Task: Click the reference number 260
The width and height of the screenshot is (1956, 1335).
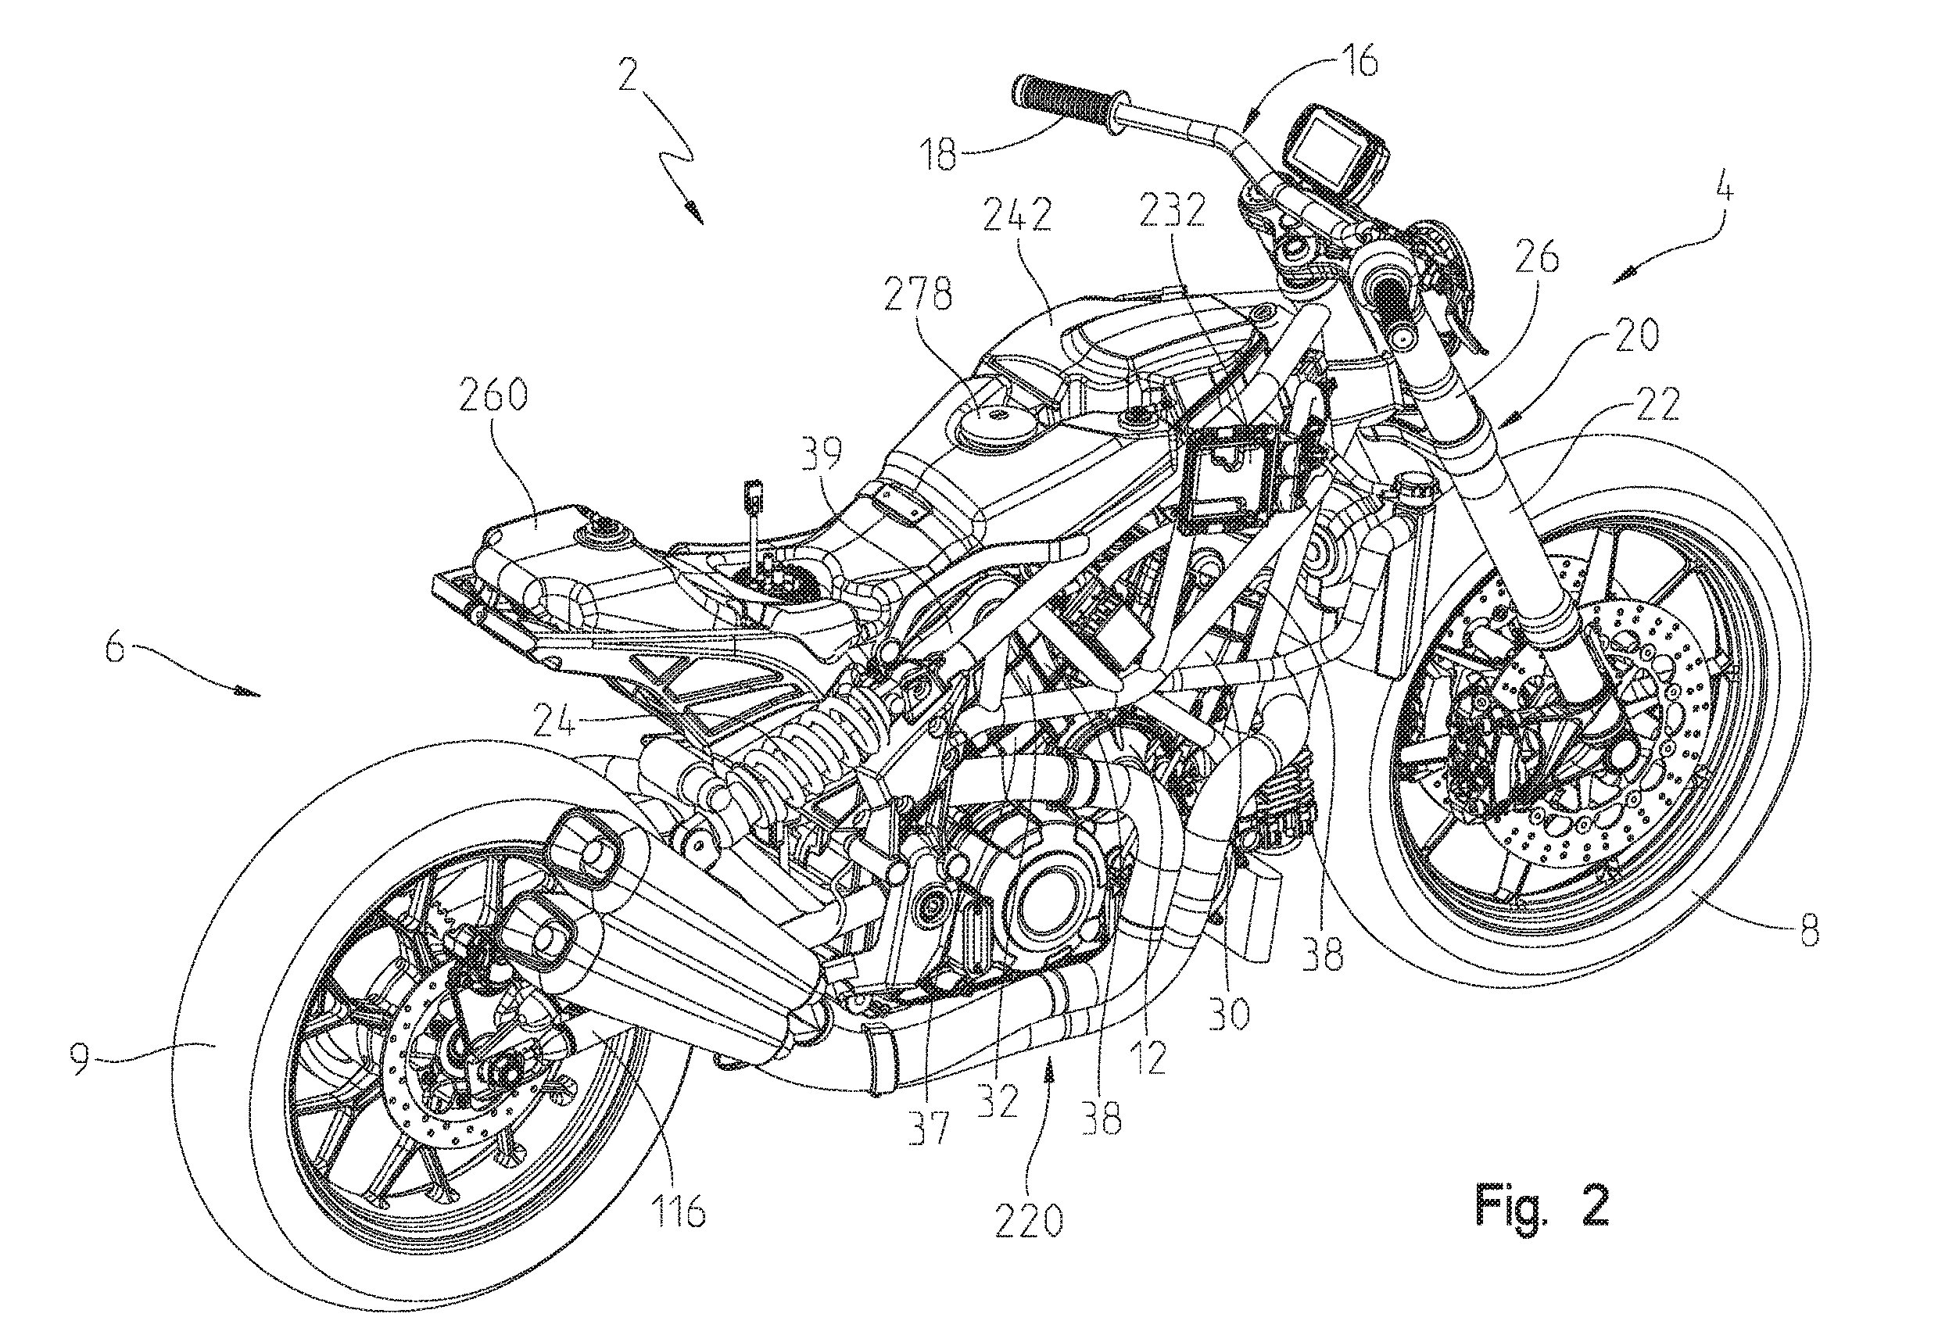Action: coord(493,395)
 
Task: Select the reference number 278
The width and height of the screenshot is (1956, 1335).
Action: coord(919,295)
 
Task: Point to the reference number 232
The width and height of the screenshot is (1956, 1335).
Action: coord(1173,209)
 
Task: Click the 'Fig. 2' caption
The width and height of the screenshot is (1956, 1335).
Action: coord(1541,1206)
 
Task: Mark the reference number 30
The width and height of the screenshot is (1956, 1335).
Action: coord(1230,1015)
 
